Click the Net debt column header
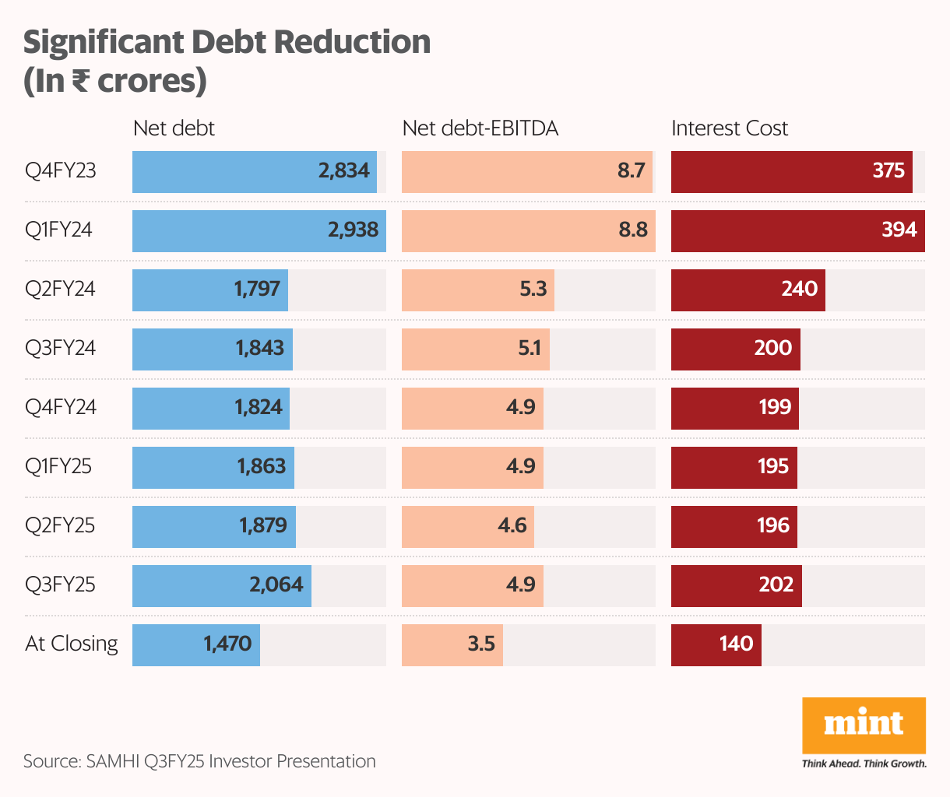174,128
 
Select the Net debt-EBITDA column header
480,128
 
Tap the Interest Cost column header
730,128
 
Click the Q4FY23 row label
61,170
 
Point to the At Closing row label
72,644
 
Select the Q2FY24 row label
60,289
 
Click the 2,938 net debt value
353,230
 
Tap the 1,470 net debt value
227,644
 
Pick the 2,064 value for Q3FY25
276,585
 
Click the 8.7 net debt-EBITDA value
631,170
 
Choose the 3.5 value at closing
481,644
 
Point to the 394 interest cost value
899,230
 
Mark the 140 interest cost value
736,644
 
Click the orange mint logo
864,725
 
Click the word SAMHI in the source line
114,761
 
